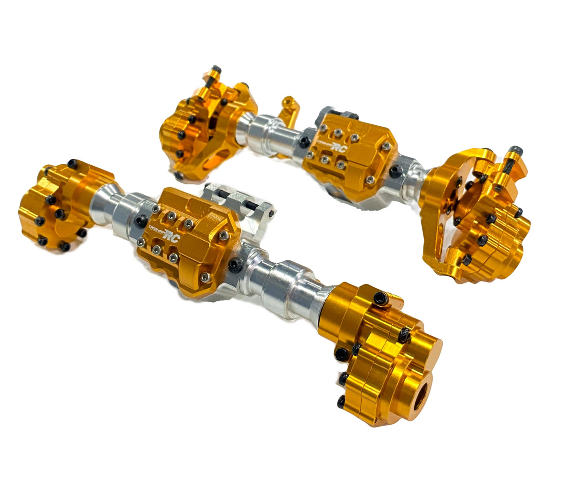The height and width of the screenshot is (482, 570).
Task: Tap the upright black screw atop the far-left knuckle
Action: pos(216,75)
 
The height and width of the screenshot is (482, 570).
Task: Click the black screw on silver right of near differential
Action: pos(233,266)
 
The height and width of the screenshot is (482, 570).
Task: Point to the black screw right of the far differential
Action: pos(395,172)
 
